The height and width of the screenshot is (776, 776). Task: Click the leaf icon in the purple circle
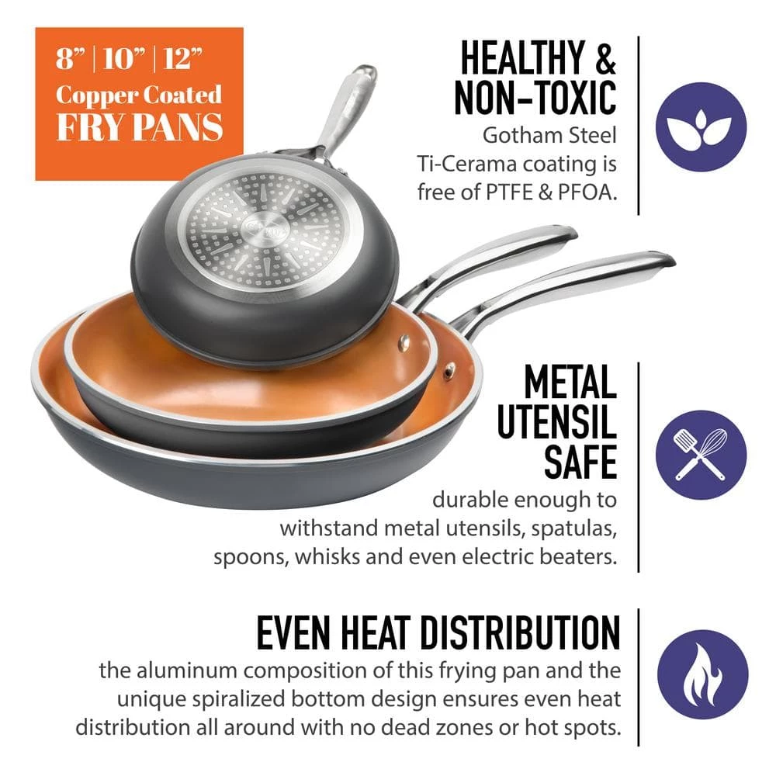(x=700, y=126)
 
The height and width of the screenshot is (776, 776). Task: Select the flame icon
(x=702, y=675)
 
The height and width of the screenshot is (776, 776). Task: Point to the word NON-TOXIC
(x=535, y=98)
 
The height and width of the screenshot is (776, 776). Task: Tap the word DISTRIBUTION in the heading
(x=521, y=632)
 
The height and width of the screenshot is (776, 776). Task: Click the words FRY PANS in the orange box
(x=140, y=126)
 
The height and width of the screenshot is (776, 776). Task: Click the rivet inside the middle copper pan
(x=404, y=341)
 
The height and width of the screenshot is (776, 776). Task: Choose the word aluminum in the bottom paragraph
(x=187, y=670)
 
